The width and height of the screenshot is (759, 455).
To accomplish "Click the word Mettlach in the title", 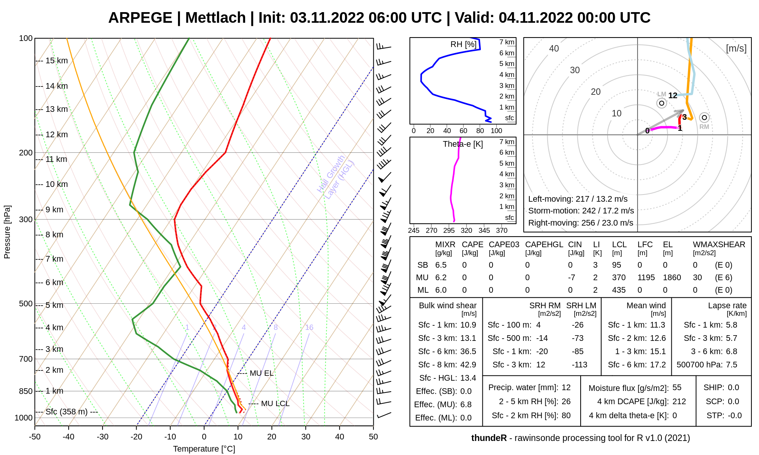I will pos(215,18).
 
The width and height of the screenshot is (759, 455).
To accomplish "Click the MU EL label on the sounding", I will pos(261,373).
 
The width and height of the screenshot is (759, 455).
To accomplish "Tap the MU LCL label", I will pos(275,403).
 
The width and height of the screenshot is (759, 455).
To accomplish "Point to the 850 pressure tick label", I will pos(25,391).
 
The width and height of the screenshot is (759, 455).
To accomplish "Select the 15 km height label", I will pos(57,61).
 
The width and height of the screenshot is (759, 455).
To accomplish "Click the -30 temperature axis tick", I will pos(102,437).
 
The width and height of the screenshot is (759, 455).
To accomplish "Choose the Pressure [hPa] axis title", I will pos(7,232).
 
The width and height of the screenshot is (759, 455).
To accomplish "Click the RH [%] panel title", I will pos(463,44).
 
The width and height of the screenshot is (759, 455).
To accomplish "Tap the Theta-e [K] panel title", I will pos(463,144).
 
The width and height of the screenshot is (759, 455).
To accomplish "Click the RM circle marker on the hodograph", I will pos(704,118).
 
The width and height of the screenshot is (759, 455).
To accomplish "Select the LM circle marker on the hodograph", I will pos(661,103).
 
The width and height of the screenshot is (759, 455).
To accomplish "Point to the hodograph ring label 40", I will pos(554,49).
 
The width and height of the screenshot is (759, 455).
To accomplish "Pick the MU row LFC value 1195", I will pos(646,278).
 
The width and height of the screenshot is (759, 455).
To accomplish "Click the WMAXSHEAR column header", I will pos(719,245).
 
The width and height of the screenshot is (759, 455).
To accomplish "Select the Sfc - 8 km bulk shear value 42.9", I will pos(468,365).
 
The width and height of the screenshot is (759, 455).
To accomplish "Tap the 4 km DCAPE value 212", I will pos(679,402).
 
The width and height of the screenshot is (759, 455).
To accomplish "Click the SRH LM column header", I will pos(581,306).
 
